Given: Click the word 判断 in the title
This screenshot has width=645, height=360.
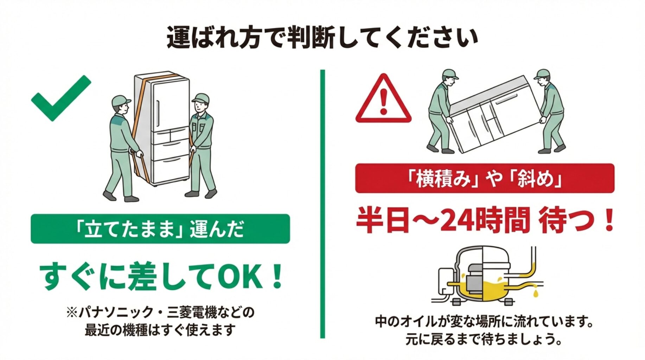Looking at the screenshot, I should tap(311, 37).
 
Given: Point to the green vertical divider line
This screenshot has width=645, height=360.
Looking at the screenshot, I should tap(322, 204).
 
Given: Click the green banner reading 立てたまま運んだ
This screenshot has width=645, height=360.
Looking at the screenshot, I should tap(160, 229).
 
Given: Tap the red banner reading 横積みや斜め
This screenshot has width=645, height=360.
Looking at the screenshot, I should tap(485, 178).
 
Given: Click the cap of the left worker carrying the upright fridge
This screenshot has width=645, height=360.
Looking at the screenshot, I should tap(121, 101).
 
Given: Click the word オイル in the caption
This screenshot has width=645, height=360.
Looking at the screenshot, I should tap(419, 321).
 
